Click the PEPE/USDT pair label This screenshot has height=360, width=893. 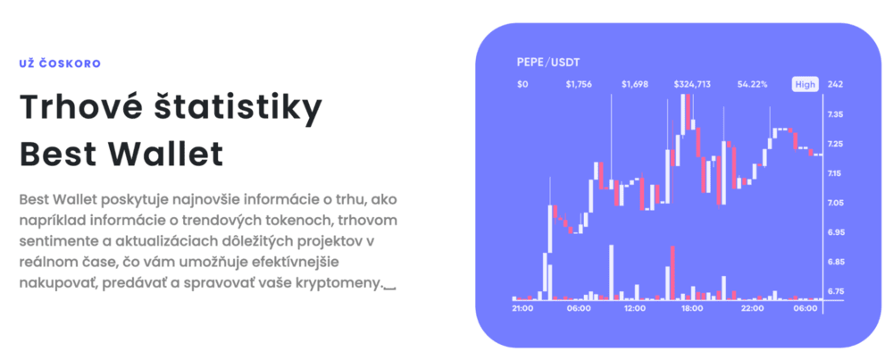(548, 63)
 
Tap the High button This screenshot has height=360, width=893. (805, 84)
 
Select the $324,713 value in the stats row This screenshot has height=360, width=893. (692, 84)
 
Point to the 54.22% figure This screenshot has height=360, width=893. (752, 84)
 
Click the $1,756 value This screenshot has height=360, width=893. (579, 84)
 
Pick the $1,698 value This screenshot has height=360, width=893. (634, 84)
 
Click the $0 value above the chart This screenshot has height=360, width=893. (522, 84)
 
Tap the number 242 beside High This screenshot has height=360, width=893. (836, 84)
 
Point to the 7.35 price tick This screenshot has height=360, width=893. (836, 114)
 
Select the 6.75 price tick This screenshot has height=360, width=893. (836, 291)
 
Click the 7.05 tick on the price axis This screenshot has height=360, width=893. (836, 203)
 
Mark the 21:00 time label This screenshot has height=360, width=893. (522, 308)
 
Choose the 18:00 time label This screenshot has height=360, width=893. (693, 308)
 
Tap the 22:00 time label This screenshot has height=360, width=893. (752, 308)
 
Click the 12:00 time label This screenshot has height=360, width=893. (635, 308)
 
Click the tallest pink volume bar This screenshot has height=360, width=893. (672, 272)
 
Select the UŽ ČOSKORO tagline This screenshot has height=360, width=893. (60, 63)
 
